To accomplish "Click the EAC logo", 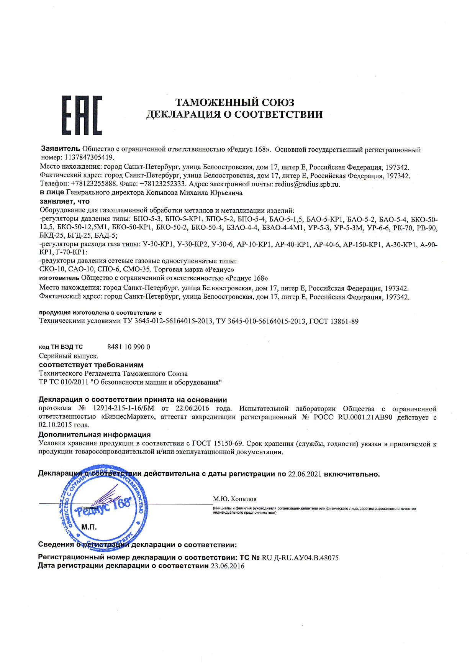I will tap(82, 115).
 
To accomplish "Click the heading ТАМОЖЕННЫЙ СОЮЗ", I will tap(234, 103).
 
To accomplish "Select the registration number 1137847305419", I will tap(89, 158).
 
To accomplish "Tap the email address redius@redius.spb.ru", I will tap(307, 184).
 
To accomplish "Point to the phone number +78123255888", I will tap(93, 184).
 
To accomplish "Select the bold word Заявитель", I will tap(61, 149).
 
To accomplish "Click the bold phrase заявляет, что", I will tap(64, 201).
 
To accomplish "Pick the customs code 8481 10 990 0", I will tap(129, 347).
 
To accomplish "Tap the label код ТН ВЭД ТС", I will tap(61, 347).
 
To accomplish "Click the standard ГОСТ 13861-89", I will tap(334, 321).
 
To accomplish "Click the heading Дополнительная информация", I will tap(94, 435).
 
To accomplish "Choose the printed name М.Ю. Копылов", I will tap(234, 499).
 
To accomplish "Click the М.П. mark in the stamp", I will tap(89, 527).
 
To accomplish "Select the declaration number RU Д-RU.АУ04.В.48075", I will tap(300, 558).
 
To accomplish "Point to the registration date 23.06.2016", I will tap(227, 566).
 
